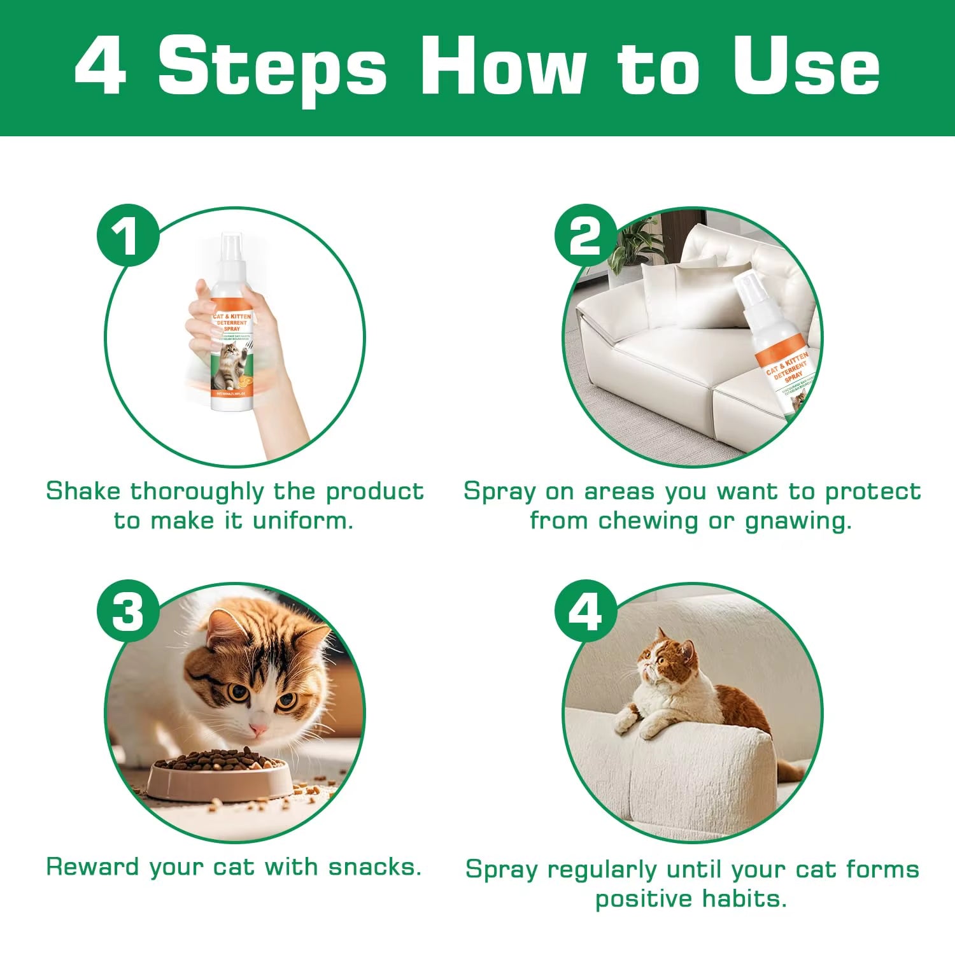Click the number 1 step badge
[x=128, y=236]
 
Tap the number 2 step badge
[x=585, y=236]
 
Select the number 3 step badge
[x=128, y=611]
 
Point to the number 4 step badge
[x=585, y=611]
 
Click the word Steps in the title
[x=272, y=67]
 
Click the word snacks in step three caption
[x=374, y=867]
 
